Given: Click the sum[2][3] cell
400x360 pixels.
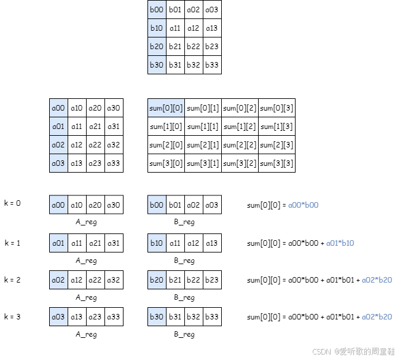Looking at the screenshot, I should pos(276,145).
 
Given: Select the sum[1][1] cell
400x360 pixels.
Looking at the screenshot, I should pos(203,127).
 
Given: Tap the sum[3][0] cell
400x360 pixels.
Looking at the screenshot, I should pos(166,163).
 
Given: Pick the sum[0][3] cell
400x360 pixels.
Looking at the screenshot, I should pos(276,108).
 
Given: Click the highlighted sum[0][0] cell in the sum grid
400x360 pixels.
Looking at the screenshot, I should pos(166,108).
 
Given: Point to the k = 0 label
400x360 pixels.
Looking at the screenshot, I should pos(12,203).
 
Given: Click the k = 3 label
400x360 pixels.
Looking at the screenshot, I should pos(12,316).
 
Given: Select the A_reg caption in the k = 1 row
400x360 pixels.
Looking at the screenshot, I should pos(86,260).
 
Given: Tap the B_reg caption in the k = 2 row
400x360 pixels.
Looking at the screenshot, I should pos(184,297).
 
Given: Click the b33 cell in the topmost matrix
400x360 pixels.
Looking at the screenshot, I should pos(212,65).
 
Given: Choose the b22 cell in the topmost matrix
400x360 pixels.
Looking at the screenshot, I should pos(194,46).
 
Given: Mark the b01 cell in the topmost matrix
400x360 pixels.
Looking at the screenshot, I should pos(175,9).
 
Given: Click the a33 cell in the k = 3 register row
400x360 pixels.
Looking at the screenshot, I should pos(114,317).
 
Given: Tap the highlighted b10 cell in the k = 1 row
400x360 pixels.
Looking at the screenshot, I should pos(157,243).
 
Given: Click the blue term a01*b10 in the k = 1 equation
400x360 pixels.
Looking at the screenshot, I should pos(340,243).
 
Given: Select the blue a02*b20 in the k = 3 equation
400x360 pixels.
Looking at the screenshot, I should pos(377,317).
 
